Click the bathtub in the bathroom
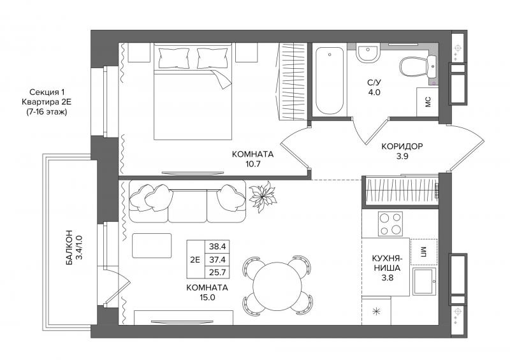(329, 81)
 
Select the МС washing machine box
(427, 102)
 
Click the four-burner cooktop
(390, 224)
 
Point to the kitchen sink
(424, 281)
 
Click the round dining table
(277, 285)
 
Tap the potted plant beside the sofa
(263, 196)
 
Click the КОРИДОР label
(402, 147)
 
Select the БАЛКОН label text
(69, 247)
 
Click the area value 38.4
(217, 247)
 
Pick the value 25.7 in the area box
(217, 272)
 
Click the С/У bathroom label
(374, 83)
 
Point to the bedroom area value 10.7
(252, 164)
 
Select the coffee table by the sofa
(152, 245)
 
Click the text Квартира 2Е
(47, 102)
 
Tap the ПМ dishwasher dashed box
(424, 252)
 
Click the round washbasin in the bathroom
(368, 53)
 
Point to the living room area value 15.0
(208, 297)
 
